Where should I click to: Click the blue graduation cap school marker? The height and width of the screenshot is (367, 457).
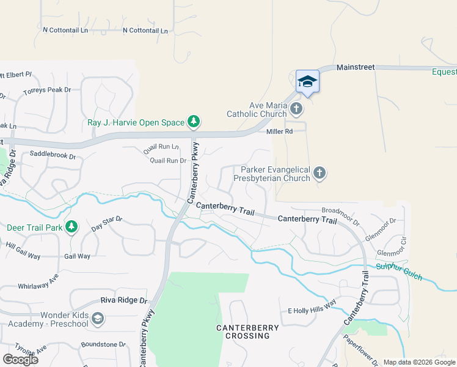click(307, 81)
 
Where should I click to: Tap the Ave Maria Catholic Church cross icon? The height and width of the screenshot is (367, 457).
click(296, 109)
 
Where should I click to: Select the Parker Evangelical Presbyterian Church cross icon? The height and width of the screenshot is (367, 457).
click(319, 174)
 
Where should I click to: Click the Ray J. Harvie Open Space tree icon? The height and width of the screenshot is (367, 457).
click(194, 122)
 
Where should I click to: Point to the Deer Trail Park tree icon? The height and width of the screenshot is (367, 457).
click(71, 228)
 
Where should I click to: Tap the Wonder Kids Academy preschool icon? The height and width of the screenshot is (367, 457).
click(98, 319)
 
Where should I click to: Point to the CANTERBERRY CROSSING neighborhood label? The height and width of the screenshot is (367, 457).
click(247, 332)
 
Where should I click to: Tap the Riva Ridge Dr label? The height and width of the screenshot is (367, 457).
click(125, 301)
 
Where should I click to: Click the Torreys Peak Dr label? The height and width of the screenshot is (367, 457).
click(47, 90)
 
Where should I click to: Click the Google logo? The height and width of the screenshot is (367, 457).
click(20, 359)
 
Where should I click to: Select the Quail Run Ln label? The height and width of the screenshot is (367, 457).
click(161, 147)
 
